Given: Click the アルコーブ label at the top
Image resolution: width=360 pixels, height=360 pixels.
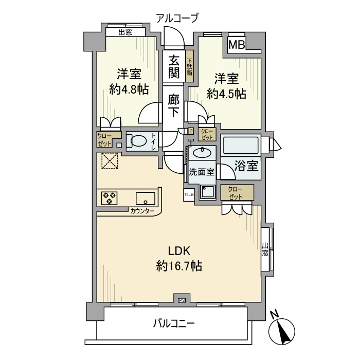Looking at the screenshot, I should [x=177, y=19].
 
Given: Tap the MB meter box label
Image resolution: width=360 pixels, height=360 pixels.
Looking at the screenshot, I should [x=237, y=44].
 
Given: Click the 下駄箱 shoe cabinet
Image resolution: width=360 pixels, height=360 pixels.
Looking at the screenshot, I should [x=190, y=67].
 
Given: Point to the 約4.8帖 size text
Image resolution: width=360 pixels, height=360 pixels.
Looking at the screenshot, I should [x=129, y=89].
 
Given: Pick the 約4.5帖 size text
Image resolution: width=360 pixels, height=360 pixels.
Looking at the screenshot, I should [x=226, y=94].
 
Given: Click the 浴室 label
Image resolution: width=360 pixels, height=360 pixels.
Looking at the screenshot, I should [x=246, y=166].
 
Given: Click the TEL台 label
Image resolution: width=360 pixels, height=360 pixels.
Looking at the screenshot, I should [x=189, y=194].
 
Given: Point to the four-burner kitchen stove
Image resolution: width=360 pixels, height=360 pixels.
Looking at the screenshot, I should [x=110, y=198].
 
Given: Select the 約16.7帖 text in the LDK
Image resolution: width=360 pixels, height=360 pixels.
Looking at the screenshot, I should [x=178, y=266].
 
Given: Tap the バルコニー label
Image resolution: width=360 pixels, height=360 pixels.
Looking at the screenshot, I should [x=173, y=323].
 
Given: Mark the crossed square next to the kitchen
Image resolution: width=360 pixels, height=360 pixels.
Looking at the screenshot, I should [x=109, y=161].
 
